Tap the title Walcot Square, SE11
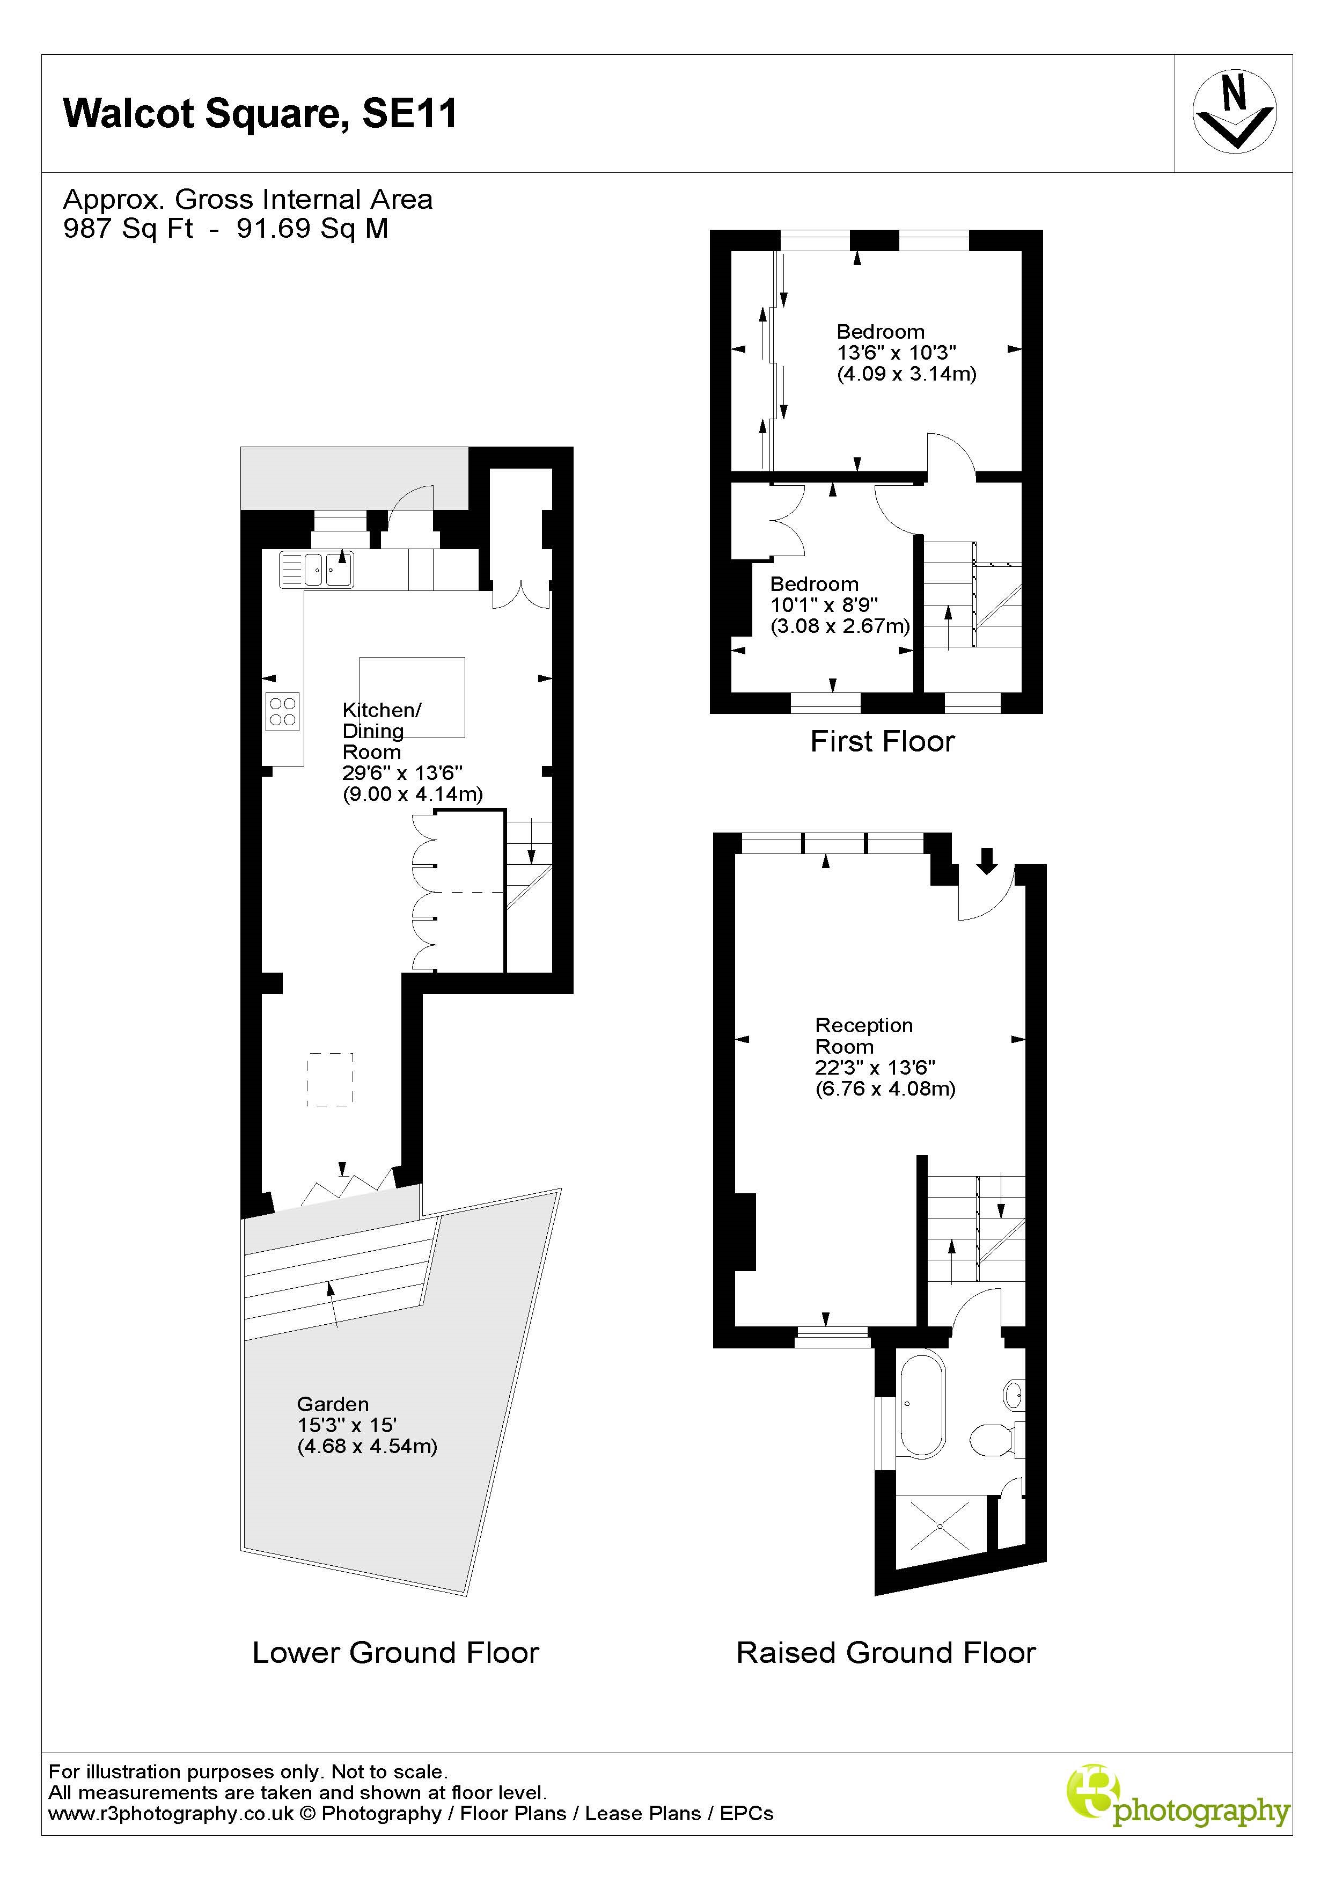click(x=260, y=114)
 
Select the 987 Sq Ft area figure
click(x=128, y=228)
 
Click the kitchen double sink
click(x=317, y=569)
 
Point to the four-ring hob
click(x=282, y=711)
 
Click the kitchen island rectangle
click(x=412, y=696)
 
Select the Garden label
click(x=333, y=1404)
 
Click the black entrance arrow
click(x=987, y=861)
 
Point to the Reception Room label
click(x=863, y=1035)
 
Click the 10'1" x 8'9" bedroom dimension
click(x=824, y=605)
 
